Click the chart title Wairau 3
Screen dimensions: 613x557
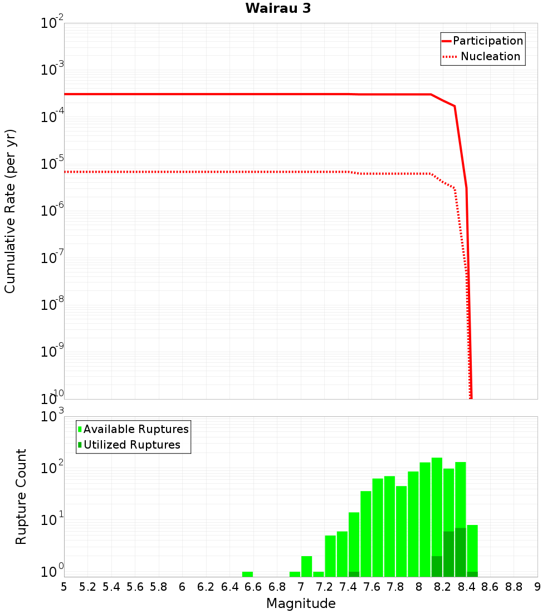[278, 8]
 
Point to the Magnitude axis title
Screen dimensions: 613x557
[301, 604]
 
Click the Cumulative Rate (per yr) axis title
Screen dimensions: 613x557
[10, 211]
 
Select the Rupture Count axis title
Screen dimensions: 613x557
[21, 497]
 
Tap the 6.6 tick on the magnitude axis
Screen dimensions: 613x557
[253, 587]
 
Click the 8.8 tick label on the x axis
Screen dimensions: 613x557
[514, 587]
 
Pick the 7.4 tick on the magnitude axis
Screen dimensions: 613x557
[348, 587]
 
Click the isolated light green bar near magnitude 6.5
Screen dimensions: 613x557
[247, 574]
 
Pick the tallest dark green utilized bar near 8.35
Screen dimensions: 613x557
[461, 552]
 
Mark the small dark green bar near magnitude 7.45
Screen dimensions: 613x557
[354, 574]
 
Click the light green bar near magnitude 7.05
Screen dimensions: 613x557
[306, 566]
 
